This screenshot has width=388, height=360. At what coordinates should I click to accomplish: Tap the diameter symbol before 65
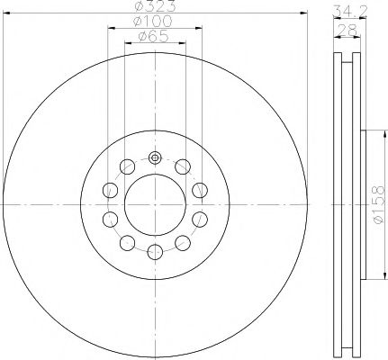(141, 37)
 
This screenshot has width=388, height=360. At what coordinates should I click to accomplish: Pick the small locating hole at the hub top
(154, 158)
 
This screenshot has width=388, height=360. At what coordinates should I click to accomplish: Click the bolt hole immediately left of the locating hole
(127, 166)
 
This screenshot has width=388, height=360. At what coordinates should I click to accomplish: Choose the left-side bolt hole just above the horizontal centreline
(110, 190)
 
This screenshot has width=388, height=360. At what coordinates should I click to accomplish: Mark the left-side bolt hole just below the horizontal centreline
(110, 219)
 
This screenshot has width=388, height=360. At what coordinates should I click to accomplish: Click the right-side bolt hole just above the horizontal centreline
(199, 190)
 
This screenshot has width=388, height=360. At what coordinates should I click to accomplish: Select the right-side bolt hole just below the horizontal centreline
(199, 219)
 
